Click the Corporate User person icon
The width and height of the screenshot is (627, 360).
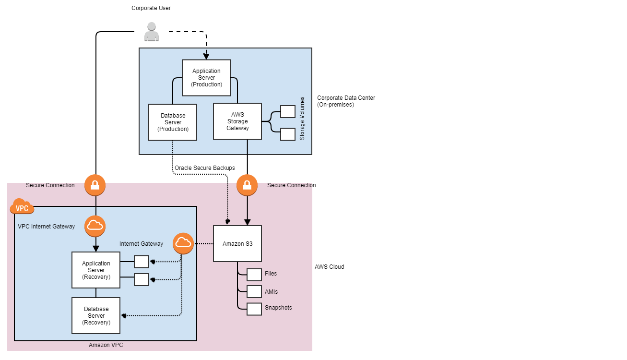pos(152,32)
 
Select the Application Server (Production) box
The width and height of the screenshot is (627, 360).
pos(206,78)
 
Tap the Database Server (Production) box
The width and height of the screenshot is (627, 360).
pos(173,122)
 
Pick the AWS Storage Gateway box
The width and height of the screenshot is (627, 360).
pos(237,121)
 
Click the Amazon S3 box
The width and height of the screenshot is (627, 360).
pos(237,244)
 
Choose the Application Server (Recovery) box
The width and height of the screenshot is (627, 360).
pos(96,270)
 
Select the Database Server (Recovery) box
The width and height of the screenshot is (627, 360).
pos(96,316)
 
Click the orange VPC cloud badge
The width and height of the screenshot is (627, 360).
pos(22,207)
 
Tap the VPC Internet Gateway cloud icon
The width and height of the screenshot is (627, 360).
pos(95,226)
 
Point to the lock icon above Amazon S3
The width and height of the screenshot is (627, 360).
pos(247,185)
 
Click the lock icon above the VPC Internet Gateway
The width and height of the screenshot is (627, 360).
pos(95,185)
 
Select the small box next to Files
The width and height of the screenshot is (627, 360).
pos(254,275)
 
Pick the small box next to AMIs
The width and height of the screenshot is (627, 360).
pos(254,292)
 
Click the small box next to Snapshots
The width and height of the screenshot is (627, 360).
pos(254,309)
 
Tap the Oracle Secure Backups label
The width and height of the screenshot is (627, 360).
pos(205,168)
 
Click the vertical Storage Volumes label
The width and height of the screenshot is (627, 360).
pos(302,123)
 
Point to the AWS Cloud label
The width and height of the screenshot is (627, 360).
pos(329,267)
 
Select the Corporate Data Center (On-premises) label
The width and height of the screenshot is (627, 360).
pos(346,101)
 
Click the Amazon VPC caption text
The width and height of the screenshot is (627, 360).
pos(106,345)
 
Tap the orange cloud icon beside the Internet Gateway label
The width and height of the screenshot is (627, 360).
pos(183,244)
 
